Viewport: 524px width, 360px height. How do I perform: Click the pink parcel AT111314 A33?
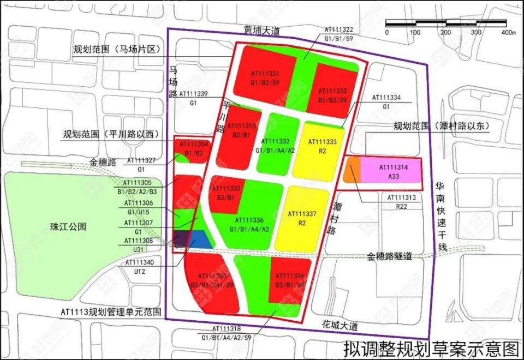[389, 170]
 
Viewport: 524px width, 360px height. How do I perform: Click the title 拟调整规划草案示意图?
[431, 347]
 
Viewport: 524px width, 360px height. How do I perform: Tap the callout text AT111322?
[338, 29]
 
